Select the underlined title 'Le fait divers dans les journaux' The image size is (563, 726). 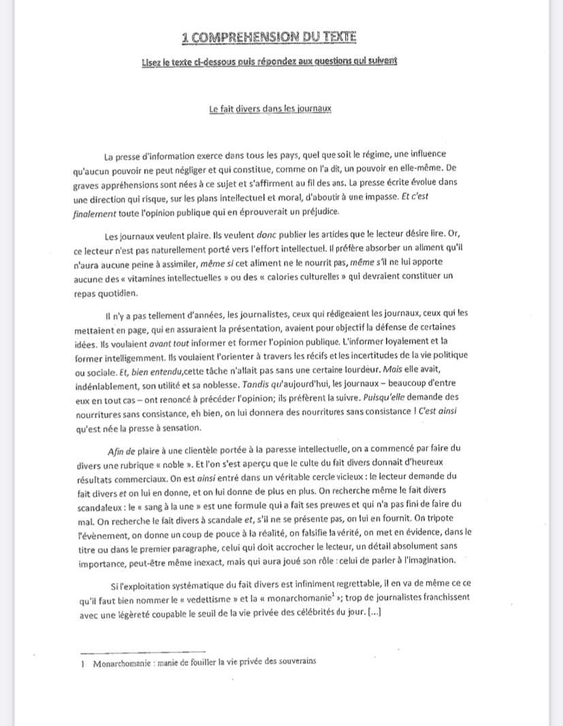click(x=270, y=109)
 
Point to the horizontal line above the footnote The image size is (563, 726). click(x=143, y=652)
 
